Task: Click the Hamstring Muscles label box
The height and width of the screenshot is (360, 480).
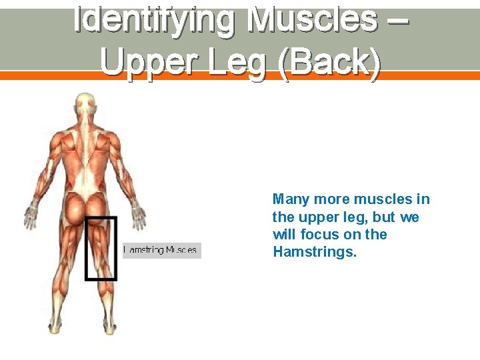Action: tap(161, 250)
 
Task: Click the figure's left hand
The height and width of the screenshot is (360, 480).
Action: tap(30, 215)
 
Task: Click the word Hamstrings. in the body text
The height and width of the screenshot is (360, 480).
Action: tap(315, 252)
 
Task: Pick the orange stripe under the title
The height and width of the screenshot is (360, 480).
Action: tap(240, 76)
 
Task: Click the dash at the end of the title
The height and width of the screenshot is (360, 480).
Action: tap(398, 20)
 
